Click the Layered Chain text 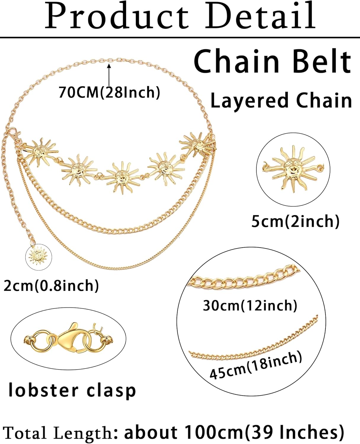click(281, 101)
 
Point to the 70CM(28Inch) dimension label click(109, 92)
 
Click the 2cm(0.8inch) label click(51, 285)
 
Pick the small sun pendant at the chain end click(39, 256)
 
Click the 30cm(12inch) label click(250, 305)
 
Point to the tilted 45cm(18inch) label click(256, 365)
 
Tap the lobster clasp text click(72, 390)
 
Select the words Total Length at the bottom click(58, 432)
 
